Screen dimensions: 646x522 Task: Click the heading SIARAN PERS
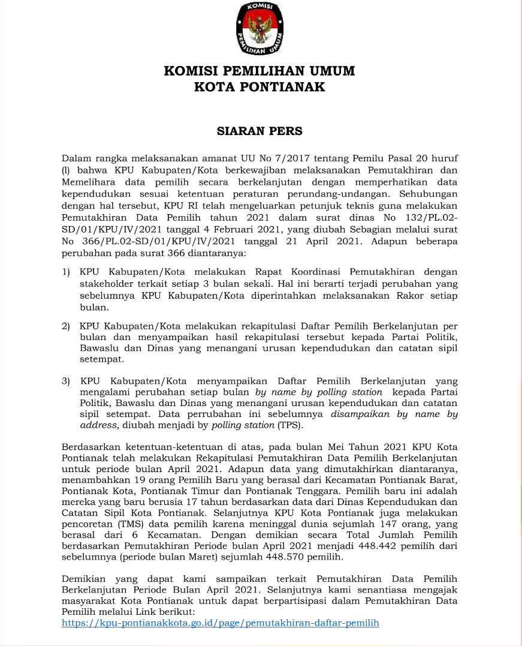[x=260, y=130]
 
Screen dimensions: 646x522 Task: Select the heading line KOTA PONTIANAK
[x=260, y=87]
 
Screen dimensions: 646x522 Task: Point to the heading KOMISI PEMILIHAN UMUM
[x=260, y=71]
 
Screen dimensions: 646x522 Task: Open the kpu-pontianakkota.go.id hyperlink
[x=221, y=623]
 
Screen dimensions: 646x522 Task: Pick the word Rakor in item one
[x=409, y=296]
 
